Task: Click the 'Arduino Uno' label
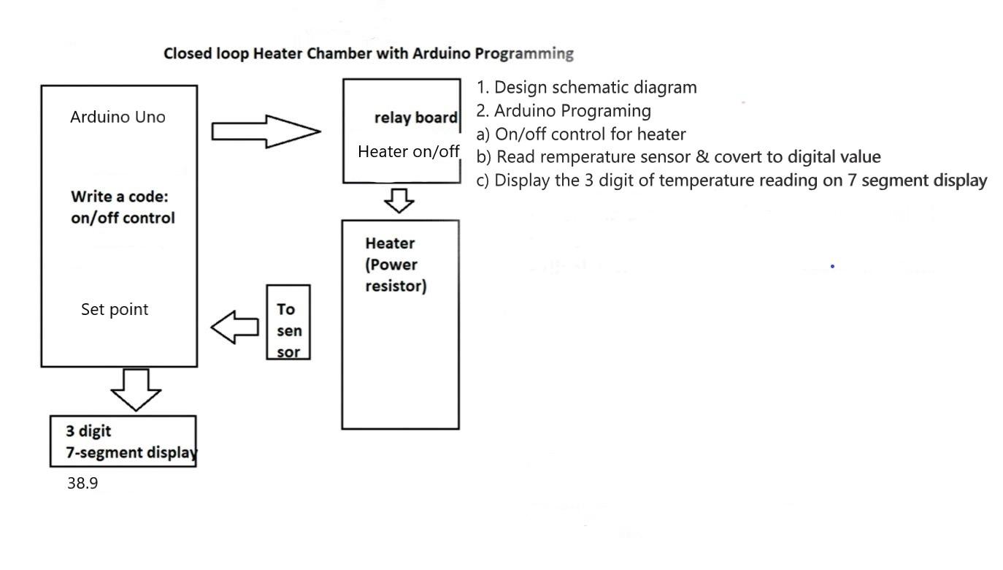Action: coord(118,117)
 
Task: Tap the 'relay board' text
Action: coord(415,118)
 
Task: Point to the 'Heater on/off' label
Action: coord(408,151)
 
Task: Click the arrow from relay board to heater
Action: coord(399,199)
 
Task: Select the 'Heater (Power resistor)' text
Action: coord(396,265)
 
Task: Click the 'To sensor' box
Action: coord(288,322)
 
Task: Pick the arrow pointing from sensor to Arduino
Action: coord(235,326)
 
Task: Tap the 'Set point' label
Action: coord(115,309)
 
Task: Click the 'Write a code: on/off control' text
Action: coord(123,208)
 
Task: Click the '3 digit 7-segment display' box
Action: coord(123,441)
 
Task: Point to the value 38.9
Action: coord(82,483)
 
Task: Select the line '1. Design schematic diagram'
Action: coord(587,88)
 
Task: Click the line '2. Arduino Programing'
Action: coord(564,111)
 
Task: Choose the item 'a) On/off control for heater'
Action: coord(581,134)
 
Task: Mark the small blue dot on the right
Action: coord(832,266)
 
